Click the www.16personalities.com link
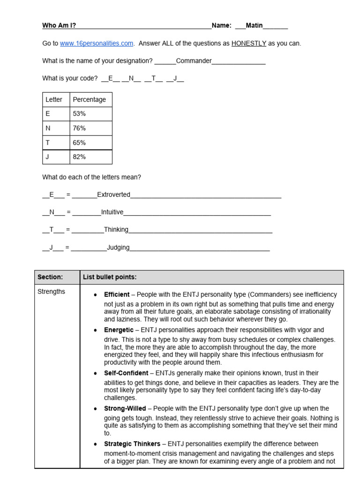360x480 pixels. click(97, 44)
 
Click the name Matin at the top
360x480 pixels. click(255, 26)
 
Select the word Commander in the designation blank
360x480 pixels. click(194, 61)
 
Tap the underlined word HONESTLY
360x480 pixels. click(248, 44)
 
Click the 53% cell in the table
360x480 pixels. click(79, 114)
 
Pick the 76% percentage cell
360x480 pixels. click(79, 128)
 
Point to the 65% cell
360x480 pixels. click(79, 142)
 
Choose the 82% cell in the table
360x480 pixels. click(79, 157)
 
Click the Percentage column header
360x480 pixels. click(89, 99)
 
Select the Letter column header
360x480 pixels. click(54, 99)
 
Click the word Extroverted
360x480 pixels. click(113, 195)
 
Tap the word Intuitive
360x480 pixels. click(112, 212)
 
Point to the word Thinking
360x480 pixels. click(116, 230)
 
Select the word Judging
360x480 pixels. click(118, 247)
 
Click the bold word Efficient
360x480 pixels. click(117, 295)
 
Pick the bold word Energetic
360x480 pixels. click(119, 330)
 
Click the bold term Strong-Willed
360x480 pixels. click(125, 409)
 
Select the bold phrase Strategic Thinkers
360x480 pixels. click(132, 444)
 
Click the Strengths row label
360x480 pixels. click(51, 292)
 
